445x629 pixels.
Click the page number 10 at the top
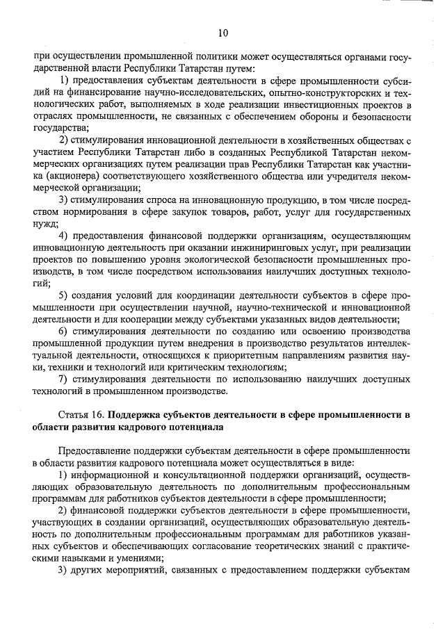click(x=222, y=32)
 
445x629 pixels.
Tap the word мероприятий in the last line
click(x=131, y=571)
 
